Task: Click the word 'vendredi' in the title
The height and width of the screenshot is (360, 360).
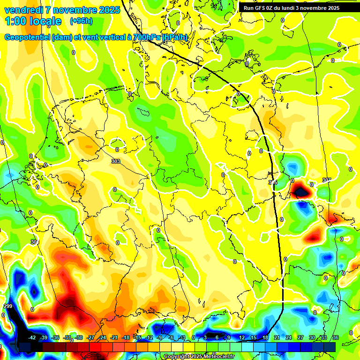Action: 23,10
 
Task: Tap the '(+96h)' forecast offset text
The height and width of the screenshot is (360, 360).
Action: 81,21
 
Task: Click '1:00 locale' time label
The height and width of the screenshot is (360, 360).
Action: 33,21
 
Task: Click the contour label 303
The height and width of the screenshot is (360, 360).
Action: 116,161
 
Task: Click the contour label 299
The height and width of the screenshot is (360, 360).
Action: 7,306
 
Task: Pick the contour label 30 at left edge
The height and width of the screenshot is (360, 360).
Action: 33,242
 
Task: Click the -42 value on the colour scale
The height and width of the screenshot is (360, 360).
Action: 32,337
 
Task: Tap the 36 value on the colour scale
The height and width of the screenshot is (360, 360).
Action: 335,337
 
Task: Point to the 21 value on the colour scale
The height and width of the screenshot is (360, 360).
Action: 277,337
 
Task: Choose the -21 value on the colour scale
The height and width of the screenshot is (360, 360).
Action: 114,337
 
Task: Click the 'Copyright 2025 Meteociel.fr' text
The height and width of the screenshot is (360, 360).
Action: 199,356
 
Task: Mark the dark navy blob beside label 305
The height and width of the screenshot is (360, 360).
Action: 300,191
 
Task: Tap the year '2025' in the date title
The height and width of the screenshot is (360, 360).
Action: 112,10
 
